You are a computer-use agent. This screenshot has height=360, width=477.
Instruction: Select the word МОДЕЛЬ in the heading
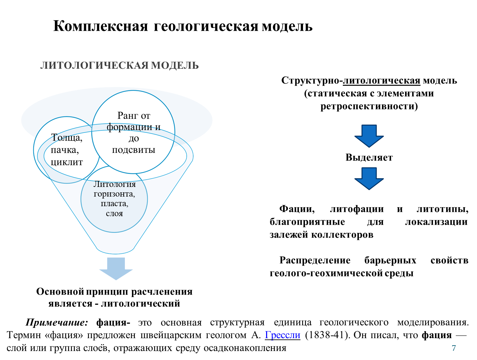[175, 66]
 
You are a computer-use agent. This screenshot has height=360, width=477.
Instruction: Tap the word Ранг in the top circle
[128, 116]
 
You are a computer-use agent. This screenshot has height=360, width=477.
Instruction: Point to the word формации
[129, 127]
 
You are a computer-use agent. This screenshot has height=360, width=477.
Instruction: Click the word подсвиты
[134, 150]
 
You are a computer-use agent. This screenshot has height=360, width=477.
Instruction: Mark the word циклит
[67, 162]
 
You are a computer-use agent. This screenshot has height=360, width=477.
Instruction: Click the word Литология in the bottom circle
[115, 184]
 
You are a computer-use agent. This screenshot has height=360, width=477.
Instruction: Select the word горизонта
[114, 194]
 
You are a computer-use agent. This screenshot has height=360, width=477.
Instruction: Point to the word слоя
[114, 214]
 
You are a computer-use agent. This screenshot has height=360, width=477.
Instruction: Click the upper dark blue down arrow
[369, 136]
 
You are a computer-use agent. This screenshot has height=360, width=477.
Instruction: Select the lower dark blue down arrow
[369, 178]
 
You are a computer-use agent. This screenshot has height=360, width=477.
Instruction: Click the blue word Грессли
[282, 335]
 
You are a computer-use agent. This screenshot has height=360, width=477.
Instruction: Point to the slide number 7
[454, 348]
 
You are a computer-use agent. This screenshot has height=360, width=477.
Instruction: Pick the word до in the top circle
[134, 139]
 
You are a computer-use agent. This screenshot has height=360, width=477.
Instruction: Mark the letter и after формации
[158, 127]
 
